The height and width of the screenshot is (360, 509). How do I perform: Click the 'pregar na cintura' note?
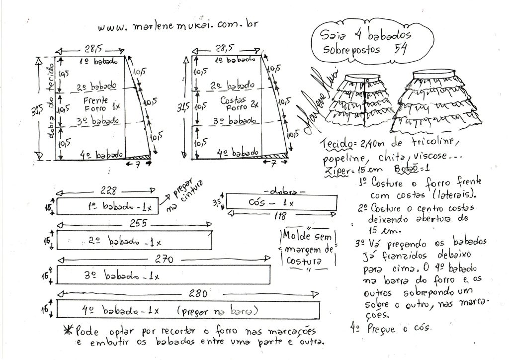point(176,196)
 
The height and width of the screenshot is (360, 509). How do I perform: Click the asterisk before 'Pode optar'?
point(66,330)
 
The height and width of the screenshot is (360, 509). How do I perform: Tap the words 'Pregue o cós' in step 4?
point(400,329)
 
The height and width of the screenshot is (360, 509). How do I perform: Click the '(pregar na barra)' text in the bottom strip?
point(217,311)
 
